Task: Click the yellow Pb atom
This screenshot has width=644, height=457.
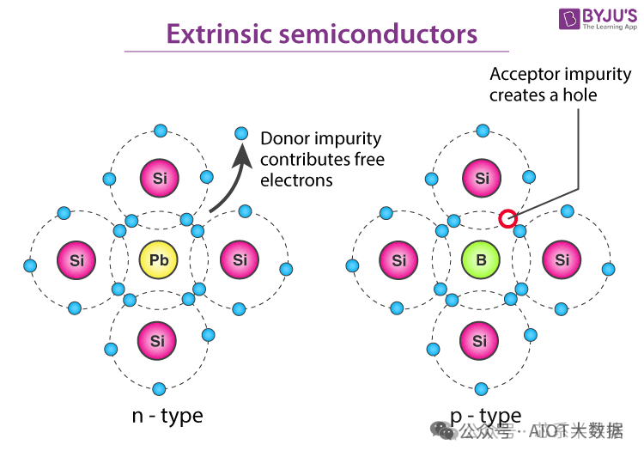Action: coord(159,259)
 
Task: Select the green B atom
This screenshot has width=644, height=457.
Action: coord(481,260)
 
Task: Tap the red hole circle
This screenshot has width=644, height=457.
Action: coord(507,219)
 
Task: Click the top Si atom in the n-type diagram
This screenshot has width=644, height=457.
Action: coord(160,178)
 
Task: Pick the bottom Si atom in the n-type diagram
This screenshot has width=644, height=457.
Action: coord(157,341)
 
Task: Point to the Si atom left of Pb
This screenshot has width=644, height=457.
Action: coord(77,259)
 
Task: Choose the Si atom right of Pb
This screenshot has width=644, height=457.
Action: coord(240,259)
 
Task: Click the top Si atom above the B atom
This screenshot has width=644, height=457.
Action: coord(482,178)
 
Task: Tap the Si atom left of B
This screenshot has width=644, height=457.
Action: coord(399,259)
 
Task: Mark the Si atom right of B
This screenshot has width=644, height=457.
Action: coord(562,259)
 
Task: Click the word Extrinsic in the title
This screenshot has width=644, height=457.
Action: coord(214,34)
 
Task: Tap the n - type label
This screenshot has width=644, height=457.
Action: coord(167,417)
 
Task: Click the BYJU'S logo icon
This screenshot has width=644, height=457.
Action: coord(570,18)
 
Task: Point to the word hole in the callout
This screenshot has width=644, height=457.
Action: coord(579,94)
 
